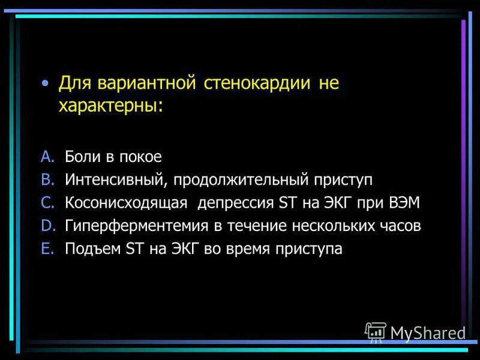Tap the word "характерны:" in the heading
[110, 106]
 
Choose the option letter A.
[48, 157]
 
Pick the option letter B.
[48, 179]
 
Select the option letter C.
[48, 203]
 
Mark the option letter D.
[48, 226]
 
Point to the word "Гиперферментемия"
[135, 226]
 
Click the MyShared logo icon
[376, 332]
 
